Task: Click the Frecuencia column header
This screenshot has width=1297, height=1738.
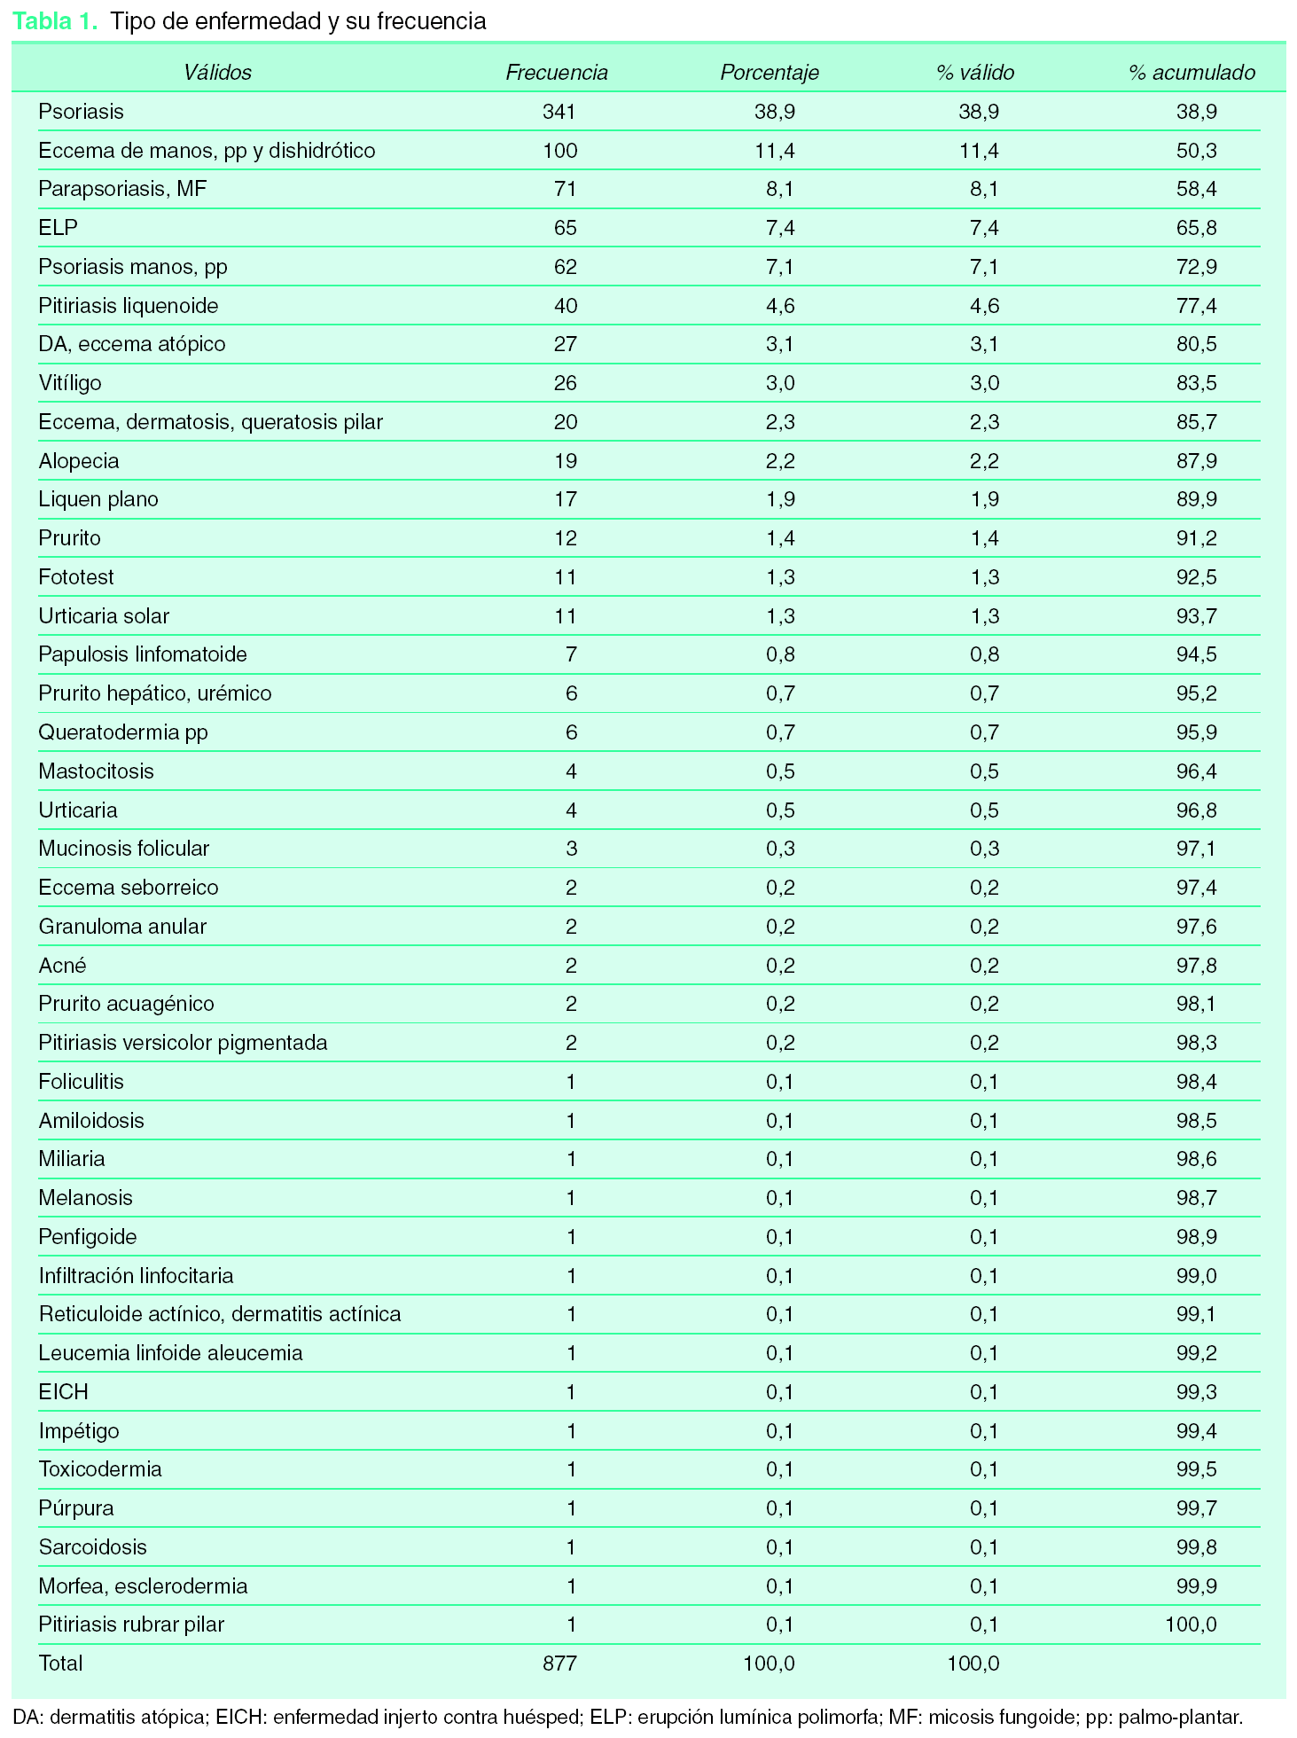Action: point(556,73)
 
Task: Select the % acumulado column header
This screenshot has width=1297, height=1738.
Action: point(1192,73)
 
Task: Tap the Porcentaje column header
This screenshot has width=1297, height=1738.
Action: point(769,73)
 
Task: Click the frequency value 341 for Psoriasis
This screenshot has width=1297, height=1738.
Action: point(559,112)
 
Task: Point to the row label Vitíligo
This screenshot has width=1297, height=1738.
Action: point(70,383)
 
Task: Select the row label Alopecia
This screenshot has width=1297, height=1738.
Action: point(79,461)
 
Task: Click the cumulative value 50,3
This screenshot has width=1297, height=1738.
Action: point(1196,151)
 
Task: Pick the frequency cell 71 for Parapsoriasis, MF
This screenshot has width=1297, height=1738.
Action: point(565,189)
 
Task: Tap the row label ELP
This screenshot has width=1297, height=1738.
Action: point(59,228)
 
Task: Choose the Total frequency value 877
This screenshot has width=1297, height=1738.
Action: point(559,1664)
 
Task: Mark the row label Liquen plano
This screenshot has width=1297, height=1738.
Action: point(98,499)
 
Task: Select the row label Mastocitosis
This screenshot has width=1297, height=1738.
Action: point(96,771)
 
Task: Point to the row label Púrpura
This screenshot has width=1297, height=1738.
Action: point(76,1508)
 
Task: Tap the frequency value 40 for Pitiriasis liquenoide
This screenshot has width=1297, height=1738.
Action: point(565,306)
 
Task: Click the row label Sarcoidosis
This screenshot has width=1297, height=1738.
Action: point(92,1547)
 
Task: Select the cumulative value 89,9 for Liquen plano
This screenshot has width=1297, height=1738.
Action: point(1196,499)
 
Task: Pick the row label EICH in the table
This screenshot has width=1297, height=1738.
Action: point(64,1392)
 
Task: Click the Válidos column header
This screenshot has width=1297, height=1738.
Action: point(217,73)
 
